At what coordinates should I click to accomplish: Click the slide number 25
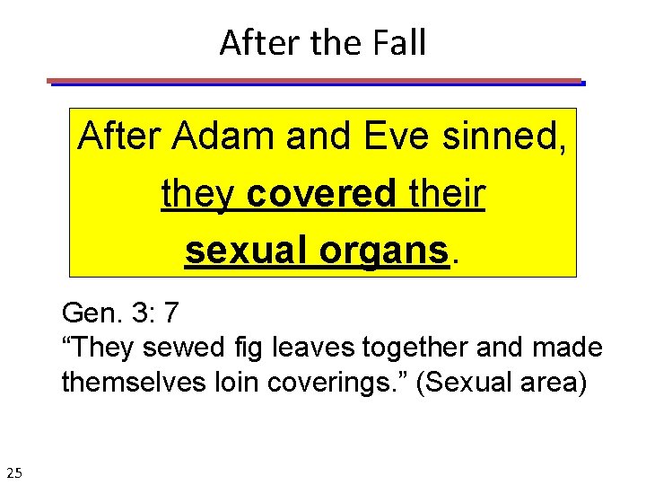point(15,472)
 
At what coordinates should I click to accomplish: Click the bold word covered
point(320,194)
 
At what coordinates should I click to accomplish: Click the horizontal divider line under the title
point(316,82)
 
